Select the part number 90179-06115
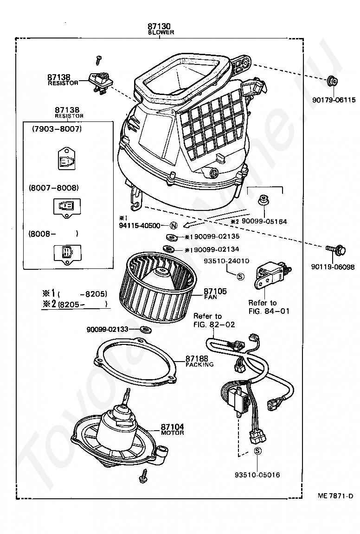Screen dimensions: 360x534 [x=334, y=100]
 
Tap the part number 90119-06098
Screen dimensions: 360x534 [x=332, y=267]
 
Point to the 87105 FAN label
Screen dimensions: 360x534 [x=215, y=293]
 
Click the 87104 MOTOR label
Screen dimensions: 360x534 [x=172, y=429]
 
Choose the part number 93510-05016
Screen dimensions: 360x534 [x=257, y=475]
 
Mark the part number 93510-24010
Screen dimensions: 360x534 [x=226, y=261]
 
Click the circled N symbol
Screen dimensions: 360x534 [x=174, y=225]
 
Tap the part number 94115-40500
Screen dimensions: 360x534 [x=140, y=226]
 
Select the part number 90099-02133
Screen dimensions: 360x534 [x=107, y=329]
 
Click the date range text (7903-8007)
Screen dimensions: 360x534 [x=57, y=129]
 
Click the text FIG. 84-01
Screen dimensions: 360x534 [x=269, y=311]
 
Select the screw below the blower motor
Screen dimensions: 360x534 [x=143, y=476]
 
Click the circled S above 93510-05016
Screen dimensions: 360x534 [x=258, y=451]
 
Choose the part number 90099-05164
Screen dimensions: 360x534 [x=264, y=222]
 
